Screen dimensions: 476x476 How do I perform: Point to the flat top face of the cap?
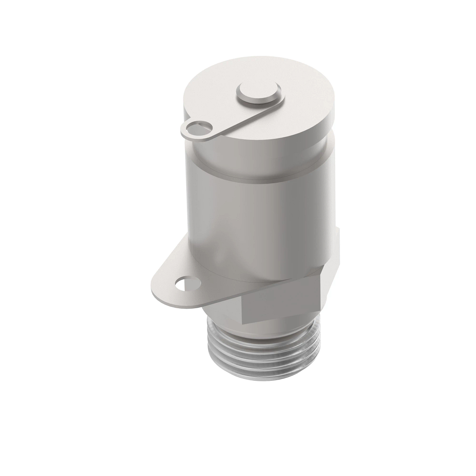(x=294, y=95)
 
